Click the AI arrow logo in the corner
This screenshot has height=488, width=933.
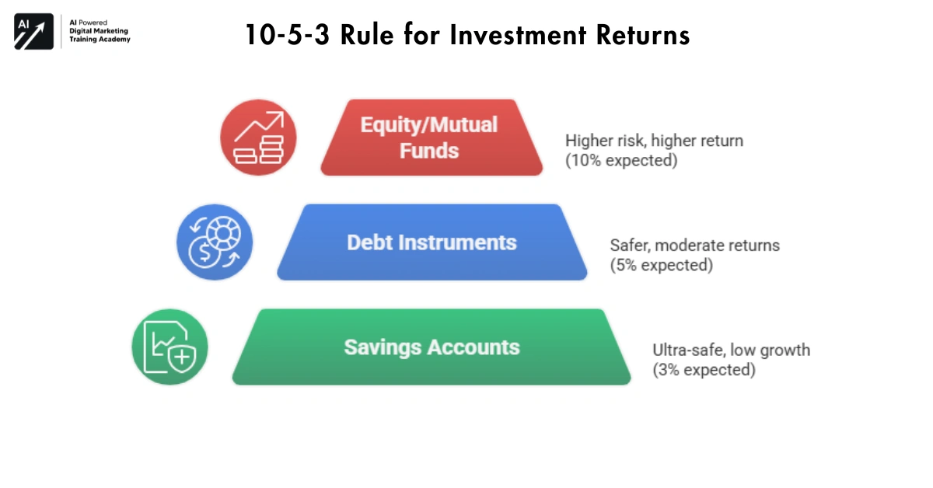click(33, 32)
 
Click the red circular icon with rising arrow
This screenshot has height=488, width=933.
click(259, 138)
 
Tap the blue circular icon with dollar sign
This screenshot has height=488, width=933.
click(214, 242)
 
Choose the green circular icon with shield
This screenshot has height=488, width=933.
click(169, 347)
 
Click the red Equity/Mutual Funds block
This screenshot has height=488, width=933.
click(431, 138)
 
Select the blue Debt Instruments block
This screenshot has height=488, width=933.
click(432, 242)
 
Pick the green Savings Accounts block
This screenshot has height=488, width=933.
click(432, 347)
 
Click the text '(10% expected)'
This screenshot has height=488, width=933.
click(621, 160)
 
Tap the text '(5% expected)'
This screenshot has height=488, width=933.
click(661, 265)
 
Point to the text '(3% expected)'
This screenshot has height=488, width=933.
click(704, 370)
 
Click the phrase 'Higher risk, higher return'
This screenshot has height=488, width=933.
click(654, 141)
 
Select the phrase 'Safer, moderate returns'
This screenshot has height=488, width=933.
click(694, 246)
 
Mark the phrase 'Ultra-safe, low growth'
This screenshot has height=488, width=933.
click(731, 350)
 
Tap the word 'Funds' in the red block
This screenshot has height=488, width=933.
click(429, 151)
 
